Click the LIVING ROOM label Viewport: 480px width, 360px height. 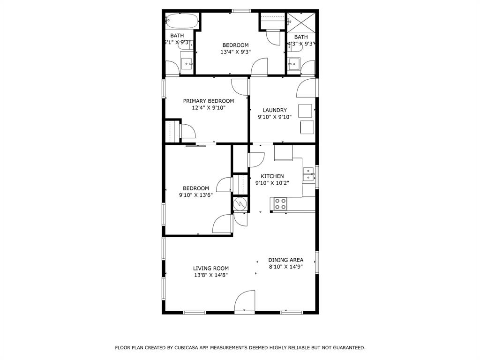211,269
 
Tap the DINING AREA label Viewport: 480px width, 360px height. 285,260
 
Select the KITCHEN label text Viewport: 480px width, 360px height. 272,176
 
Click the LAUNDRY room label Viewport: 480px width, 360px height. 275,110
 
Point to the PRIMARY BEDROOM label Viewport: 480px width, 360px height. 208,101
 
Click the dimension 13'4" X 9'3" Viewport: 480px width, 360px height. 235,52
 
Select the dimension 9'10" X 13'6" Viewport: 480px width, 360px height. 195,195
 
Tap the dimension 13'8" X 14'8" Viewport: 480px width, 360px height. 211,276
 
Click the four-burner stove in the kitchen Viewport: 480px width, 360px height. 280,203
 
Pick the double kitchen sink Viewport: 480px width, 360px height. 308,174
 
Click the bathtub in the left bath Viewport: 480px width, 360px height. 182,21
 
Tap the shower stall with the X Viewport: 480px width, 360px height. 300,22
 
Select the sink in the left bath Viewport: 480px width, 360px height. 187,63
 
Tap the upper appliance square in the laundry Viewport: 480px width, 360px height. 305,111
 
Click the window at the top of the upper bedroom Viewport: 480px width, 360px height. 241,11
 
